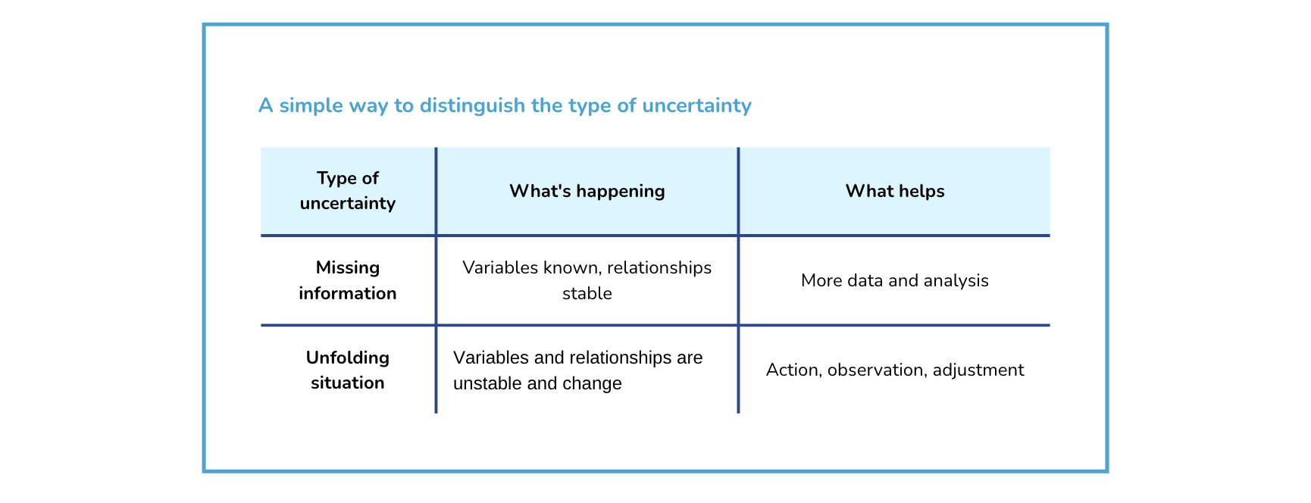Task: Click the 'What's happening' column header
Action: [x=587, y=191]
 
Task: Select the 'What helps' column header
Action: [x=894, y=191]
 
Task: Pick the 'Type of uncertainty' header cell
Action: [x=347, y=191]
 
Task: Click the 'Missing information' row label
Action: [x=347, y=280]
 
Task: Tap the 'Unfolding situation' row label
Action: [x=347, y=370]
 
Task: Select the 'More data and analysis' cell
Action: [x=894, y=280]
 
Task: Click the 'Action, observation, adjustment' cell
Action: [x=894, y=370]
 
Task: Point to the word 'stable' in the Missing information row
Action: [x=587, y=293]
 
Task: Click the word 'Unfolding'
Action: [x=347, y=358]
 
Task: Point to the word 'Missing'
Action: [x=347, y=267]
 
